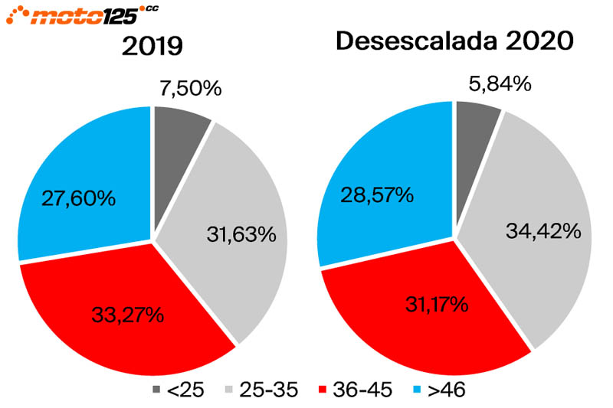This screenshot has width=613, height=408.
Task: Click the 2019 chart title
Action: tap(152, 47)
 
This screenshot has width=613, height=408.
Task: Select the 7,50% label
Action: tap(191, 89)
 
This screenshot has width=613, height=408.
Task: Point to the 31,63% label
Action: tap(241, 234)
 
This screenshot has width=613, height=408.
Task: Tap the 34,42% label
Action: tap(541, 230)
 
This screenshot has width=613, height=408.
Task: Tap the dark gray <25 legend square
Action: tap(158, 390)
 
